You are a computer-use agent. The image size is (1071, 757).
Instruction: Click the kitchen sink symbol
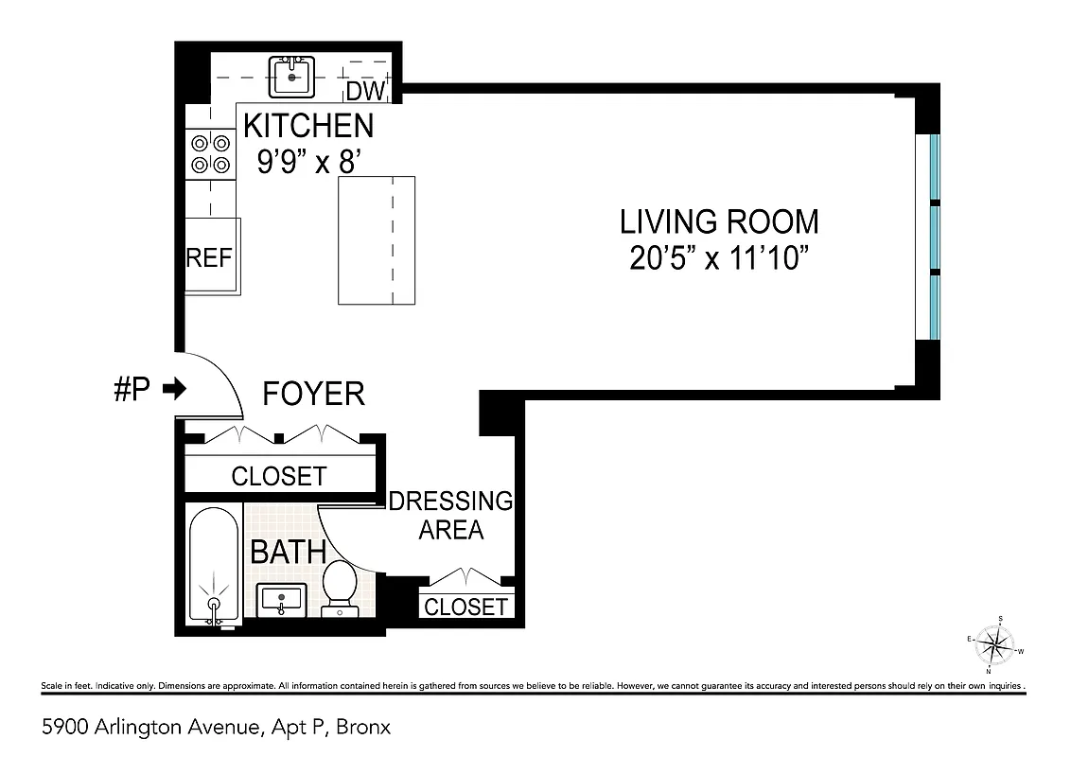291,77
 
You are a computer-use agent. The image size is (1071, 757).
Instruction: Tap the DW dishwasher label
364,92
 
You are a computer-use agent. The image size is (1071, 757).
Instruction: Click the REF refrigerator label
209,258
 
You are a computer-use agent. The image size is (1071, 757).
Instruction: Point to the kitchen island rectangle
377,240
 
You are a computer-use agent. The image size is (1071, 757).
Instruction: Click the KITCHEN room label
308,125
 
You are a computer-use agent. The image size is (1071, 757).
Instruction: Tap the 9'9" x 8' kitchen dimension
308,162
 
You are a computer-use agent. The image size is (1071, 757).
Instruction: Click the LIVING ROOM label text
718,221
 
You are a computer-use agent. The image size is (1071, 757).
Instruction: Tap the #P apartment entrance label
132,389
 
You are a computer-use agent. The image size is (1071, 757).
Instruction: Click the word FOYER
313,394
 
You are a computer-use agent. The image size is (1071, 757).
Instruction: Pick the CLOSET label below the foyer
278,476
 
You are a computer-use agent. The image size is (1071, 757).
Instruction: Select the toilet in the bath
339,587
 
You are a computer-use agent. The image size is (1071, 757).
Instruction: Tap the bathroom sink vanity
281,599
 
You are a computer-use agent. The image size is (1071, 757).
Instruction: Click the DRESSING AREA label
450,515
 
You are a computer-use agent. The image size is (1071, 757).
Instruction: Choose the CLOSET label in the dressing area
465,607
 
